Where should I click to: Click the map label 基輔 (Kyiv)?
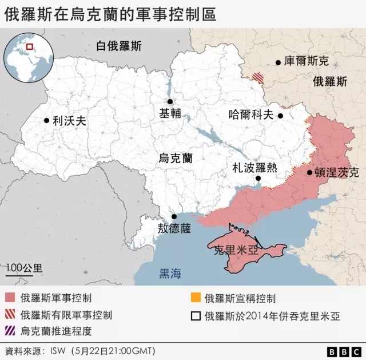170,114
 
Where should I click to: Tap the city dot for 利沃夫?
46,120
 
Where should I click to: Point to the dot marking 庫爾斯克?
278,62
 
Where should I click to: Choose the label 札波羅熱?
254,167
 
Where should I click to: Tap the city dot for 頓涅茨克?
309,172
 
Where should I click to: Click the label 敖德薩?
174,228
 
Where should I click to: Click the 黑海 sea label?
170,274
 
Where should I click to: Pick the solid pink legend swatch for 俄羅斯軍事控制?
10,298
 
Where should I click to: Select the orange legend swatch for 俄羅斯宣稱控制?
196,298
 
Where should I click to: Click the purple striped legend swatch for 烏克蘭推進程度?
10,331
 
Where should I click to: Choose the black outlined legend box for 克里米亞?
196,315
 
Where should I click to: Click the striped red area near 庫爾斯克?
260,77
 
